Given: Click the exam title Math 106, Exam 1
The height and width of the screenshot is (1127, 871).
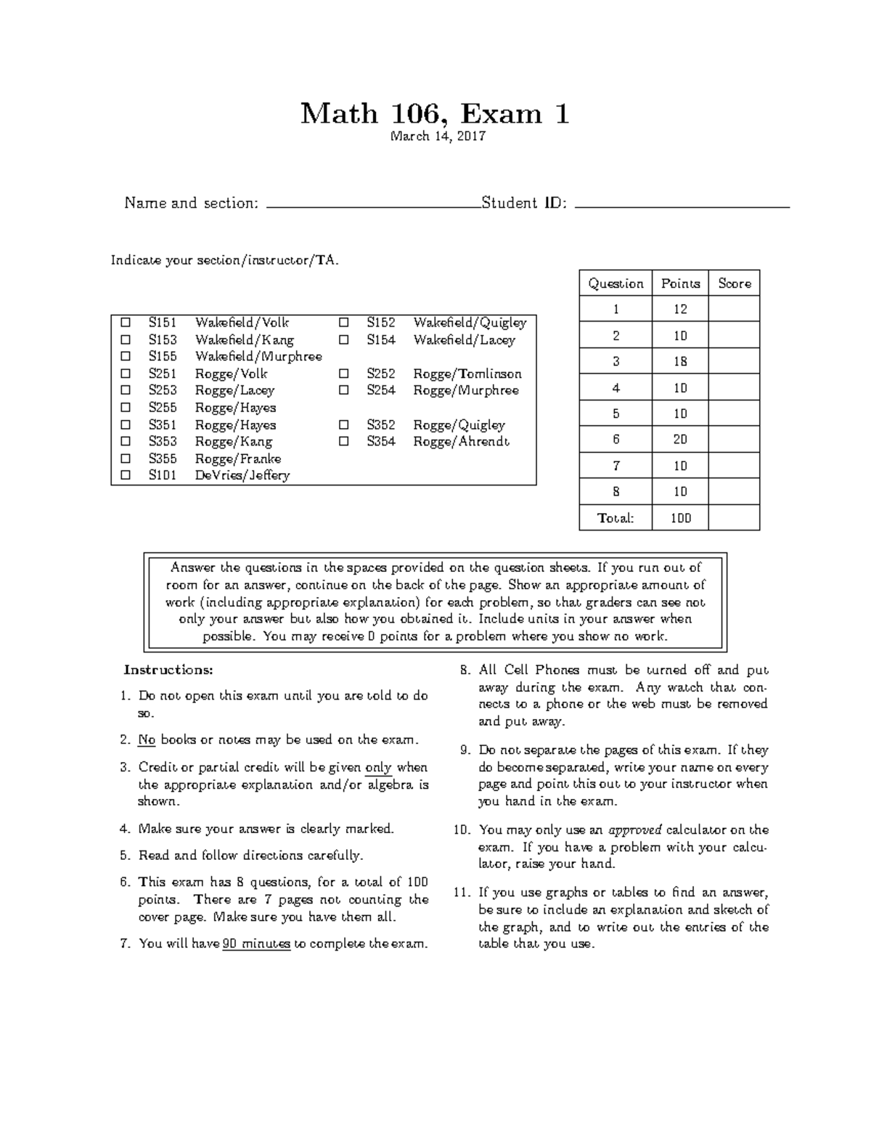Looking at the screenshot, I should tap(435, 114).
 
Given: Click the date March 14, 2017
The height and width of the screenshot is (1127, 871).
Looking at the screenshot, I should tap(438, 136).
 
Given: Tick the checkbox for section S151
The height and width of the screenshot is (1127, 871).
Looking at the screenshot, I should tap(126, 322).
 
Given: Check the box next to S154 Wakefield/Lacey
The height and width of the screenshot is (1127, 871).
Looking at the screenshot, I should tap(344, 340).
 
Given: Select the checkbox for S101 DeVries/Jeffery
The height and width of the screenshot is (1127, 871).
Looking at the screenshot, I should tap(126, 475).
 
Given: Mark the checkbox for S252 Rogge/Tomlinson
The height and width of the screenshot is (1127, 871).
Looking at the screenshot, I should tap(344, 374).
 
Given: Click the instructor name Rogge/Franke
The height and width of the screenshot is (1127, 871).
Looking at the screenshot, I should tap(237, 459).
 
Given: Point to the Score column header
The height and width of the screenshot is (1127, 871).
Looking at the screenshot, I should tap(734, 284).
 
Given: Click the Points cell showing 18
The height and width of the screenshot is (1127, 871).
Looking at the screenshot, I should tap(679, 361).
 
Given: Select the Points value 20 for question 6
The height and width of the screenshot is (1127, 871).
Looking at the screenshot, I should tap(679, 440).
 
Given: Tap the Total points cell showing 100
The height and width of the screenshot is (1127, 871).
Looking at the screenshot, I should tap(679, 518).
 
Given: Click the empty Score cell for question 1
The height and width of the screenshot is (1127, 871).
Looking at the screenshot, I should tap(734, 309).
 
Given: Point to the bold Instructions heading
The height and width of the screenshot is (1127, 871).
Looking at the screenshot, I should tap(168, 669).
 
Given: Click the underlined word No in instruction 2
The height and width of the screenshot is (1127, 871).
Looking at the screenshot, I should tap(147, 740).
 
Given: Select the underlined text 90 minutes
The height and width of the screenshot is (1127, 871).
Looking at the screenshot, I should tap(256, 944).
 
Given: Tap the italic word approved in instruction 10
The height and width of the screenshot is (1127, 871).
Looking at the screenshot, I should tap(634, 829).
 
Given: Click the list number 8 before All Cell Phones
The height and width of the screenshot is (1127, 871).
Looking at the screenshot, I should tap(465, 670).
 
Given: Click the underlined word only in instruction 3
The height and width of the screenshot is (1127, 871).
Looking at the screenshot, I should tap(378, 767).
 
